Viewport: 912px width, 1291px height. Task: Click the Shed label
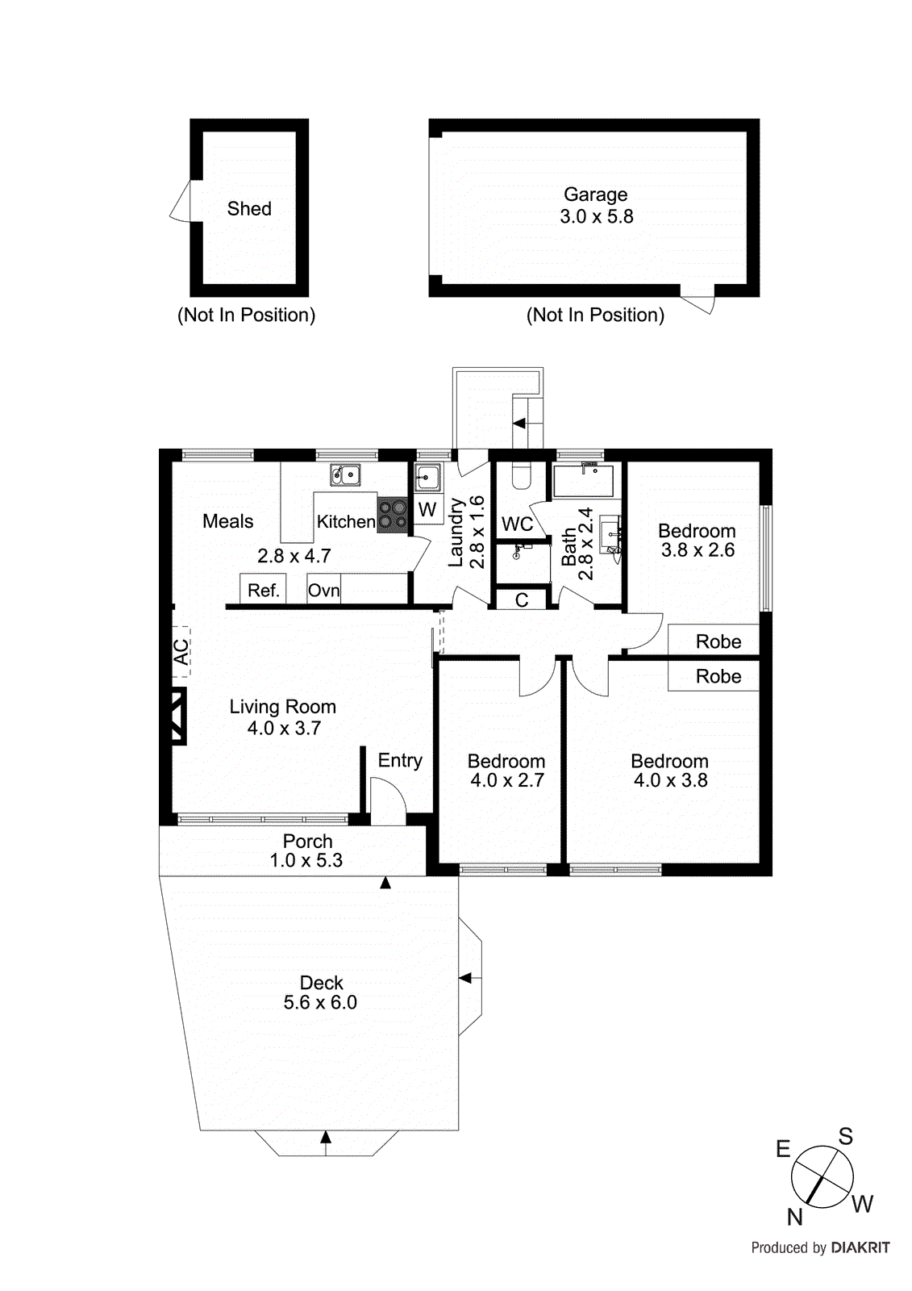tap(249, 209)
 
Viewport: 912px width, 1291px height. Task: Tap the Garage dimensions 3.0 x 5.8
tap(597, 217)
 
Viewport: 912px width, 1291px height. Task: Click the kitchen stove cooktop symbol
tap(393, 515)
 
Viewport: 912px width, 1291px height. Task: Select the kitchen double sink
tap(345, 475)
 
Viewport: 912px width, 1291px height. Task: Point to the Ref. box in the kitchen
tap(263, 590)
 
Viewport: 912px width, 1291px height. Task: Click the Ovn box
tap(323, 590)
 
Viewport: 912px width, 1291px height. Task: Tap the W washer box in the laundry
tap(427, 510)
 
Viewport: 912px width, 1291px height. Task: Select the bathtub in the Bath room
tap(583, 481)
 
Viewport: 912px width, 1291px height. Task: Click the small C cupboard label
tap(522, 600)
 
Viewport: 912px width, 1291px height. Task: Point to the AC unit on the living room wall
tap(181, 650)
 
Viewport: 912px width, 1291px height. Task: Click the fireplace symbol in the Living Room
tap(178, 716)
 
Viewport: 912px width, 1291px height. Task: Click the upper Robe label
tap(718, 641)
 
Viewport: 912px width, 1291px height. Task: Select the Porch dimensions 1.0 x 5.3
tap(306, 861)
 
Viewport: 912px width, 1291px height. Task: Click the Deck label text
tap(321, 983)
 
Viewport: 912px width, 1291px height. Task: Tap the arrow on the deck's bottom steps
tap(326, 1138)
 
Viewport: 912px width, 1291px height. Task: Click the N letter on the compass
tap(795, 1216)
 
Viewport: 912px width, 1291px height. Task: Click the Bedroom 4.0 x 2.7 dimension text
tap(507, 780)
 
